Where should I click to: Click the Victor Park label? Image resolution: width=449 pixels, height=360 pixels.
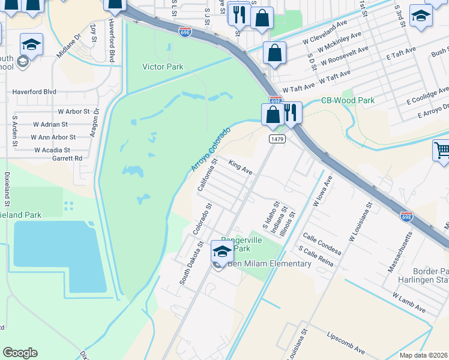pyautogui.click(x=163, y=67)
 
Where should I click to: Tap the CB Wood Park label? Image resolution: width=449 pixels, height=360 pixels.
pyautogui.click(x=348, y=100)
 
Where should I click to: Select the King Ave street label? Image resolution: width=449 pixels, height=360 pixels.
pyautogui.click(x=240, y=166)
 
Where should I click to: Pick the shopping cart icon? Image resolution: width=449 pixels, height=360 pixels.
pyautogui.click(x=442, y=151)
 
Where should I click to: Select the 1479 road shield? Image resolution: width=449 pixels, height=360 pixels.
pyautogui.click(x=277, y=139)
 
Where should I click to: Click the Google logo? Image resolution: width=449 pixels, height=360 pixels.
pyautogui.click(x=20, y=353)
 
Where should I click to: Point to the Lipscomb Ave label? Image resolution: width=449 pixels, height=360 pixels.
pyautogui.click(x=346, y=342)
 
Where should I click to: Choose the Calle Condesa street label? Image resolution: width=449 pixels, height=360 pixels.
pyautogui.click(x=322, y=244)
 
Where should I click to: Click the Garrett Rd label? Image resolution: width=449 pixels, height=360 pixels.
pyautogui.click(x=66, y=158)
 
